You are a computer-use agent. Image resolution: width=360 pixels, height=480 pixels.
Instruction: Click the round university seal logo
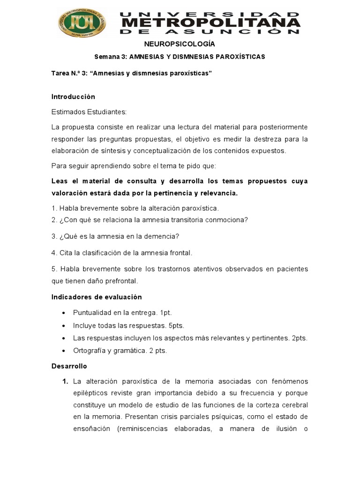click(x=82, y=22)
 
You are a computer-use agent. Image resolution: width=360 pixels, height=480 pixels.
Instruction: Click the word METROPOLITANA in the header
click(x=211, y=22)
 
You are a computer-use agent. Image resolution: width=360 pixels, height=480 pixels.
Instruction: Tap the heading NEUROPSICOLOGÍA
click(x=180, y=44)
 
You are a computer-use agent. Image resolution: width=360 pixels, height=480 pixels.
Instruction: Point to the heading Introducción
click(x=73, y=97)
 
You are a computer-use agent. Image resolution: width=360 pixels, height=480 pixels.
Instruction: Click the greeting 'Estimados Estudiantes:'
click(x=89, y=112)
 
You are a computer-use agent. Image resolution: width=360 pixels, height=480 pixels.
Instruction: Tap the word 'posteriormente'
click(x=284, y=127)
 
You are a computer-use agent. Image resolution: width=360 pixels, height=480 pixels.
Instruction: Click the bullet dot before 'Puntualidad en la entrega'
click(x=64, y=313)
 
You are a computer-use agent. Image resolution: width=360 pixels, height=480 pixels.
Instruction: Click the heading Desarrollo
click(x=69, y=366)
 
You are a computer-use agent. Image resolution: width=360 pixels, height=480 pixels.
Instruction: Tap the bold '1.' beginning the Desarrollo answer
click(x=66, y=382)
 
